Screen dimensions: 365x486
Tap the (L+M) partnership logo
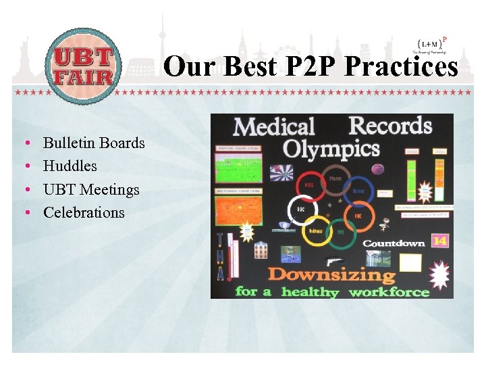pyautogui.click(x=429, y=45)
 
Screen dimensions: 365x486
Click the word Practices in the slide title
pyautogui.click(x=401, y=67)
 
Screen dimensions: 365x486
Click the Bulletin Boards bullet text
pyautogui.click(x=94, y=143)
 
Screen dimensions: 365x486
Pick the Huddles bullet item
pyautogui.click(x=70, y=166)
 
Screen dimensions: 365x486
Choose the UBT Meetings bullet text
pyautogui.click(x=91, y=189)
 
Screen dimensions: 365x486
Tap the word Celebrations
pyautogui.click(x=84, y=212)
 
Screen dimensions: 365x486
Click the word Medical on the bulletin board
pyautogui.click(x=273, y=126)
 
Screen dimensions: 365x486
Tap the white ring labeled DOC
pyautogui.click(x=302, y=209)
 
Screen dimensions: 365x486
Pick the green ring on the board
pyautogui.click(x=342, y=233)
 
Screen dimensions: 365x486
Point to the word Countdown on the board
pyautogui.click(x=394, y=243)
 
